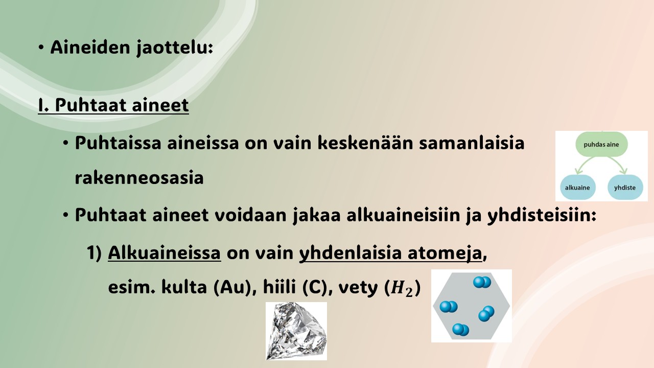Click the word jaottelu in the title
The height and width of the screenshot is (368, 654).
pyautogui.click(x=175, y=48)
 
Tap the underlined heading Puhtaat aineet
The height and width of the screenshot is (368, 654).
pyautogui.click(x=113, y=105)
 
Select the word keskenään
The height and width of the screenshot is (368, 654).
pyautogui.click(x=365, y=143)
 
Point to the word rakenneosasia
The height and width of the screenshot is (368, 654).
pyautogui.click(x=139, y=177)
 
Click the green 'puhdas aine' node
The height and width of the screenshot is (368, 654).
pyautogui.click(x=601, y=144)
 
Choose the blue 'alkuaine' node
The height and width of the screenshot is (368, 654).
pyautogui.click(x=578, y=188)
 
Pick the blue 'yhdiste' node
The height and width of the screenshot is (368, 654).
pyautogui.click(x=625, y=188)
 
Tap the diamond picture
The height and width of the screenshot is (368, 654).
pyautogui.click(x=296, y=331)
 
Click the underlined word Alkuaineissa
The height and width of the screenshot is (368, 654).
pyautogui.click(x=165, y=252)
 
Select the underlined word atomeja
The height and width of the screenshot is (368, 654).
pyautogui.click(x=445, y=253)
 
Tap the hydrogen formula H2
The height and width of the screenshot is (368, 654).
pyautogui.click(x=402, y=289)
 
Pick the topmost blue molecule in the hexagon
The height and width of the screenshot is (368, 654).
pyautogui.click(x=482, y=282)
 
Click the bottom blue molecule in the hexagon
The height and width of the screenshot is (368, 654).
pyautogui.click(x=460, y=330)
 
